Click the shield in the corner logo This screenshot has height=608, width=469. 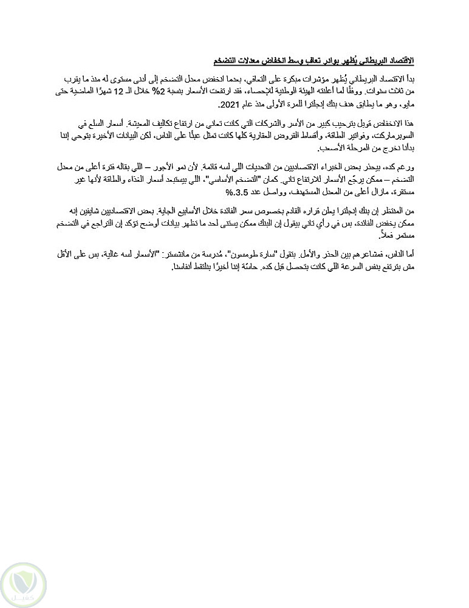pyautogui.click(x=22, y=580)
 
